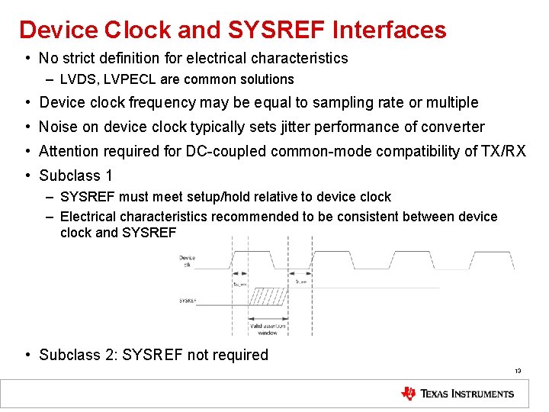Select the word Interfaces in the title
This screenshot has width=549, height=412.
coord(390,30)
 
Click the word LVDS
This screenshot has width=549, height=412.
coord(77,79)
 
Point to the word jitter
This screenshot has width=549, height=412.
coord(310,127)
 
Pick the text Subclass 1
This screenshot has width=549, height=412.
coord(75,175)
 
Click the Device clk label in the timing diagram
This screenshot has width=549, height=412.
coord(188,262)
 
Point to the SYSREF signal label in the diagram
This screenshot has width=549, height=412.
coord(188,301)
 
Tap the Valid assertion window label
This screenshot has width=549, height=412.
coord(268,330)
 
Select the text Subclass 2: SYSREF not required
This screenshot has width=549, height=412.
coord(153,355)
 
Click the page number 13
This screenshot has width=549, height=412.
coord(517,372)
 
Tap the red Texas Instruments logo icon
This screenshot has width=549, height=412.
coord(408,394)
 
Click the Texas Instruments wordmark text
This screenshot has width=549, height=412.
coord(467,394)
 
